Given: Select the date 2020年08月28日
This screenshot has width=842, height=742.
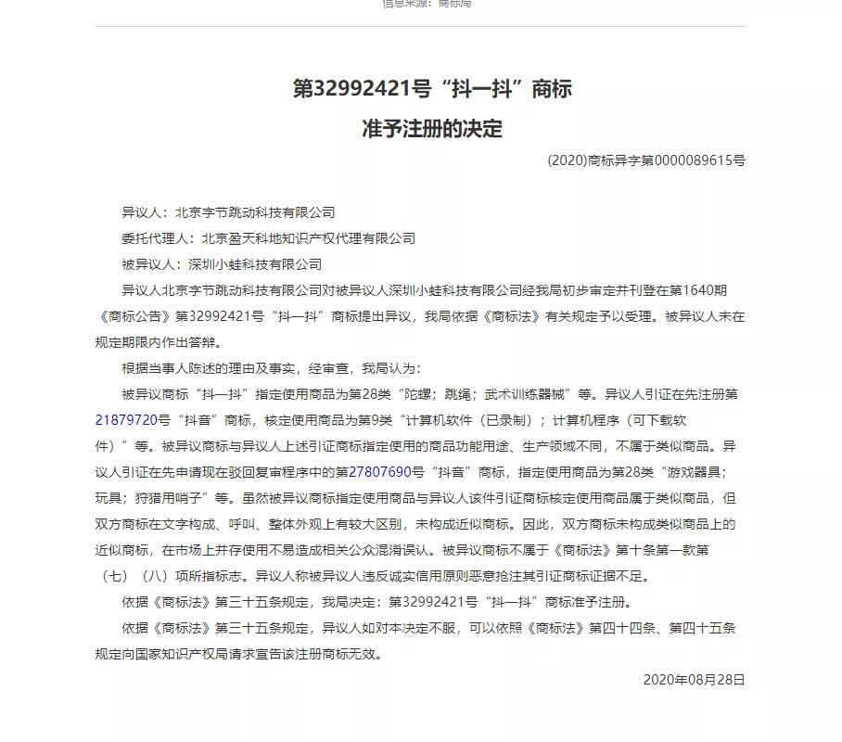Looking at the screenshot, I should (694, 680).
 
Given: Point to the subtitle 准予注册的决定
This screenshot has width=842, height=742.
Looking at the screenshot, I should (431, 128).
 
